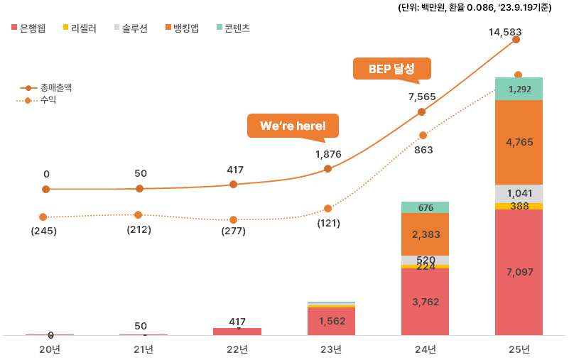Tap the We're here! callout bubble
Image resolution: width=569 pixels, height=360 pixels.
[293, 126]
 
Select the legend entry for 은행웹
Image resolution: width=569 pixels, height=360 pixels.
[29, 28]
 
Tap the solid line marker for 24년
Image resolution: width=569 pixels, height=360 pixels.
[422, 111]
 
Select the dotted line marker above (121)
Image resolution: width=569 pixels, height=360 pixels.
[328, 208]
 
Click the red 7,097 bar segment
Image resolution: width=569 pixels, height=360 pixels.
[519, 272]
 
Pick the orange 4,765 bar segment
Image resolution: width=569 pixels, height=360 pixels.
[519, 142]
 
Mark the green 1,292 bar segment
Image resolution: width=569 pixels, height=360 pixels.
[519, 89]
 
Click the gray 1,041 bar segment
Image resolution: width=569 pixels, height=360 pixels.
[519, 193]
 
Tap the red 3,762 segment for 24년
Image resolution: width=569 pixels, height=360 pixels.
[425, 301]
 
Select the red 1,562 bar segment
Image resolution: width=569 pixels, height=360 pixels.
[331, 321]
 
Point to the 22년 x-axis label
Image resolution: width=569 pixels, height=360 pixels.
[237, 349]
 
